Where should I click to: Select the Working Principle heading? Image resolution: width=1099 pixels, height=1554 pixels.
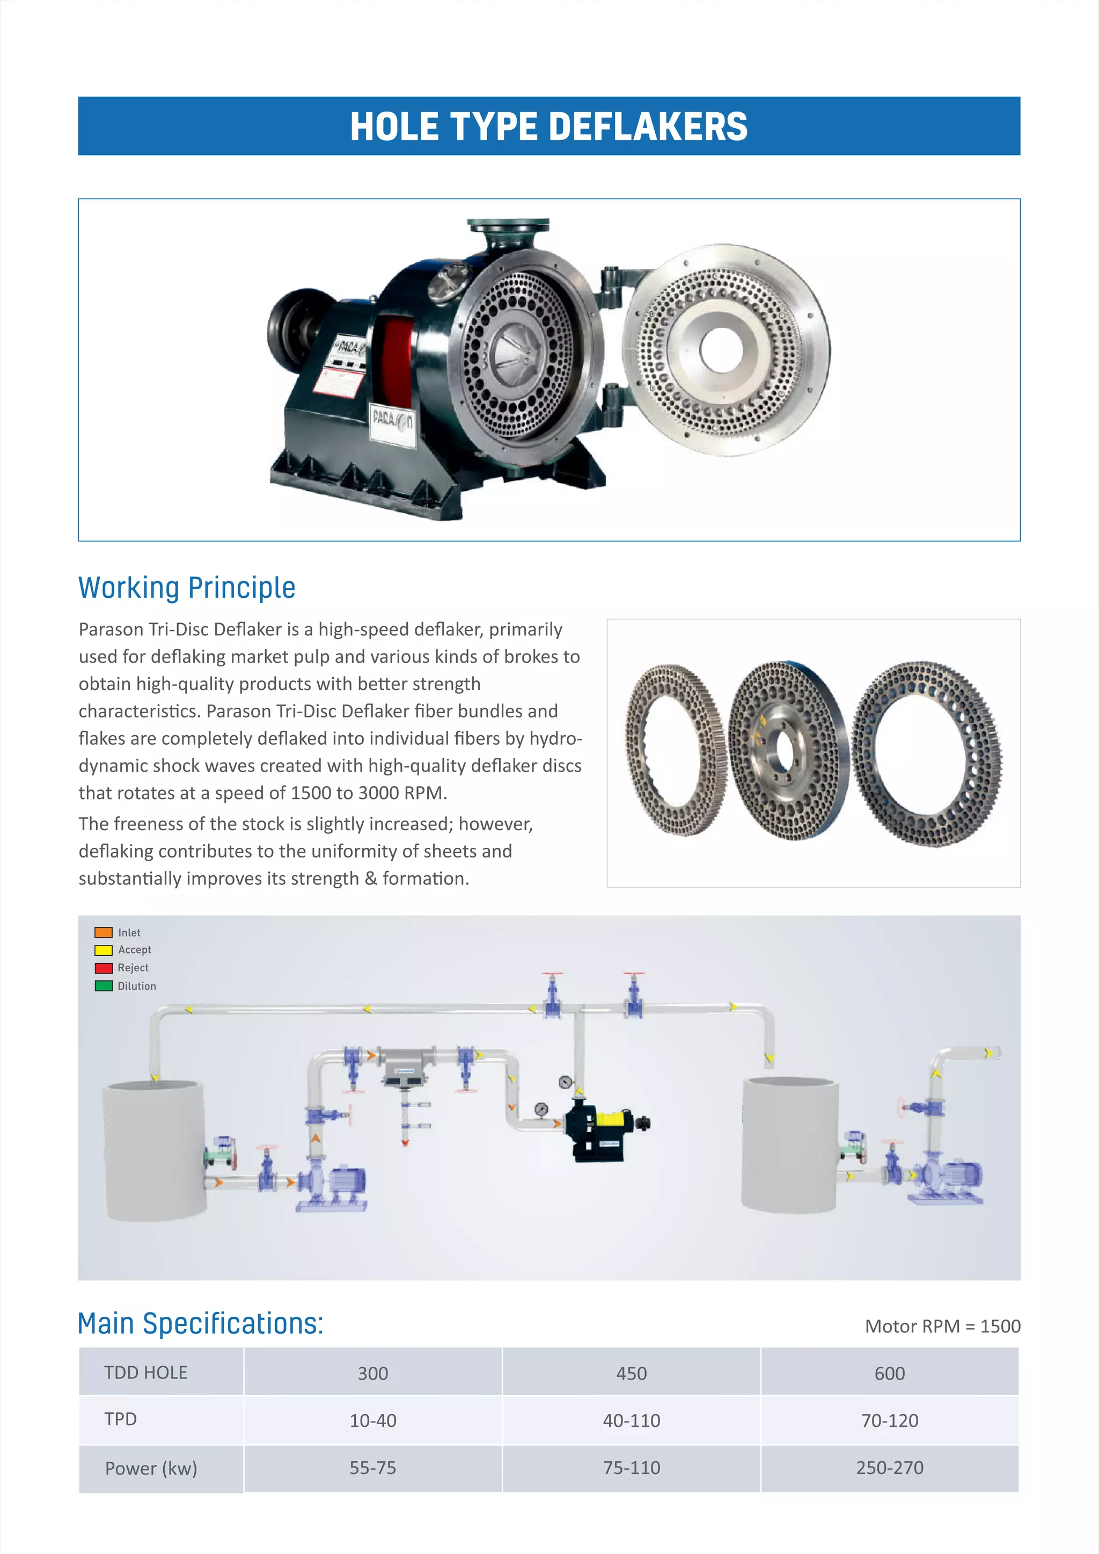point(187,588)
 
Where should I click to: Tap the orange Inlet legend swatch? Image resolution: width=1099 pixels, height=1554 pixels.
point(104,932)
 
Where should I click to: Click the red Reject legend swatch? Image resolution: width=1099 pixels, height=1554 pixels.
point(104,968)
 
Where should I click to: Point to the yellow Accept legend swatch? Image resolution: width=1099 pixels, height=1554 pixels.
point(104,950)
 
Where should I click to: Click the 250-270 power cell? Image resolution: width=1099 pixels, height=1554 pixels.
point(889,1468)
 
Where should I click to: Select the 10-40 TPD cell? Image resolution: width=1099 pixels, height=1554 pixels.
point(373,1420)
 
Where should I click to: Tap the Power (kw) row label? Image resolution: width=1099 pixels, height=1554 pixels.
point(151,1468)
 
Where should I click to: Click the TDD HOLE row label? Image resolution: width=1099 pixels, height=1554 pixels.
point(145,1373)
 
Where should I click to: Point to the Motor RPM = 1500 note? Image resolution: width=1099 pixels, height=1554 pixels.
point(942,1326)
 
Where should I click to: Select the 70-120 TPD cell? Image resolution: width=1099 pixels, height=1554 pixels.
point(889,1420)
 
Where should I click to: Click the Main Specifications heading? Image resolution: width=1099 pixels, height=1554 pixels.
point(200,1323)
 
